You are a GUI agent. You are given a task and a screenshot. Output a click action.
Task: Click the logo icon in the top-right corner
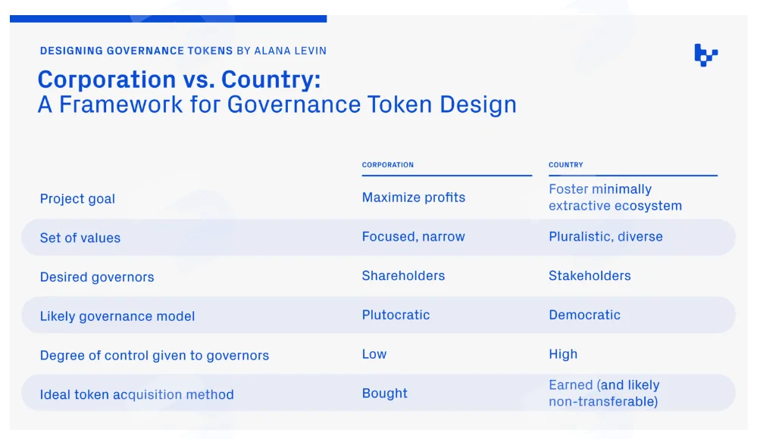coord(705,54)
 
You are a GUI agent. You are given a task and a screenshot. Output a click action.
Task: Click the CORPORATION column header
coord(388,164)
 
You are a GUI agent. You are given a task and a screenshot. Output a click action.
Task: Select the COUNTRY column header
coord(565,164)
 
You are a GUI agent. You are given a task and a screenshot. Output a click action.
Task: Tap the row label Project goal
coord(77,198)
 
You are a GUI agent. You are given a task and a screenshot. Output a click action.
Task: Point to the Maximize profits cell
coord(414,197)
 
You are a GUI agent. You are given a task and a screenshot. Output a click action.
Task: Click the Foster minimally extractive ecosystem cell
coord(615,197)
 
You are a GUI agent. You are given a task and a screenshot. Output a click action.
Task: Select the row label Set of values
coord(80,238)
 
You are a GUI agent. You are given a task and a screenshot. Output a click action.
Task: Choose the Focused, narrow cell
coord(414,236)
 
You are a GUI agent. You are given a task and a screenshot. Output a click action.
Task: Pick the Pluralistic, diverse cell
coord(605,236)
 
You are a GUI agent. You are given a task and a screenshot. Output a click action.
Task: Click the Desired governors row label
coord(97,277)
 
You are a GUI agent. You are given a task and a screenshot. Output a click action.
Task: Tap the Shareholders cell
coord(403,276)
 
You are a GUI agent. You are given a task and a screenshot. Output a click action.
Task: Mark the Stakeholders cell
coord(590,276)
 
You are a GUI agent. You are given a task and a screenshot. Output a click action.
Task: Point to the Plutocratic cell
coord(396,315)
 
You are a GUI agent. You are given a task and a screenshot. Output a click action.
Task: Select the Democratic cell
coord(584,315)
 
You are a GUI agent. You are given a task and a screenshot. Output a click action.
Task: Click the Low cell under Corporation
coord(374,353)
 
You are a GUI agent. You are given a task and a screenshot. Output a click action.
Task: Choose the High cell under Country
coord(563,353)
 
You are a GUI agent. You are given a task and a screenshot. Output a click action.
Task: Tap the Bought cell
coord(384,393)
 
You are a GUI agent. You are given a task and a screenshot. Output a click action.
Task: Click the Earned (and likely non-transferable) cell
coord(604,393)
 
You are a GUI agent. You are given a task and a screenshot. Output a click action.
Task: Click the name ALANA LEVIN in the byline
coord(290,51)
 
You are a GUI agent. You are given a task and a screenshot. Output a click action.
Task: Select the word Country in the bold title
coord(271,80)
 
